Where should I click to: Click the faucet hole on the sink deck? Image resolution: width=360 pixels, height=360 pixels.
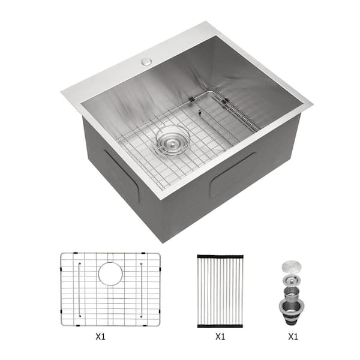[145, 61]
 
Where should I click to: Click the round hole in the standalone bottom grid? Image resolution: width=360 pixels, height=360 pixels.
[110, 273]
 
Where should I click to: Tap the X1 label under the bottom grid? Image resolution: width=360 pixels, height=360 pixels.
[110, 337]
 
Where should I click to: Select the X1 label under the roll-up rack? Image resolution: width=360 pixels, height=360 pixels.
[220, 337]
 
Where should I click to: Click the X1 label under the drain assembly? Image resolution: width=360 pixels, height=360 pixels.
[293, 337]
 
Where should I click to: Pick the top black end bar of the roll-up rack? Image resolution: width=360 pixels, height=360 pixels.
[220, 256]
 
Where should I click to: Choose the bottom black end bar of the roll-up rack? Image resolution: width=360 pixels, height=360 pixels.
[220, 325]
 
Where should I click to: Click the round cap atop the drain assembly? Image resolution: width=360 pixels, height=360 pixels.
[293, 265]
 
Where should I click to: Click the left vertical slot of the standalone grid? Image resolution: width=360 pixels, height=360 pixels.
[79, 288]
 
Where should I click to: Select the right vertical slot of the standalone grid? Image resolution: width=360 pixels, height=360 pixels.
[142, 288]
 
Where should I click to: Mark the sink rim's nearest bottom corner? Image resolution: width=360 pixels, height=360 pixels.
[161, 198]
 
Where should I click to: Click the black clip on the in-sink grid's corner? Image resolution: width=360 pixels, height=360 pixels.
[191, 99]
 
